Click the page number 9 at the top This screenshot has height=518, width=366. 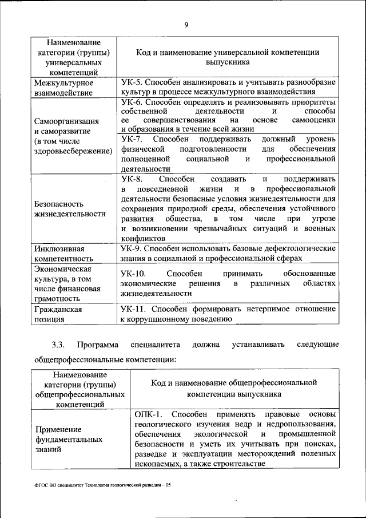tap(186, 24)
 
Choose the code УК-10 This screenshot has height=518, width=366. tap(134, 273)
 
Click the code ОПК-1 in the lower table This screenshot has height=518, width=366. tap(149, 413)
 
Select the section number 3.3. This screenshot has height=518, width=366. tap(59, 344)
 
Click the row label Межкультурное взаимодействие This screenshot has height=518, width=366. tap(63, 87)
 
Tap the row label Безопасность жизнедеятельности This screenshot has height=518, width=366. tap(70, 208)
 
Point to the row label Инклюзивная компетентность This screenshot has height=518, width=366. tap(59, 254)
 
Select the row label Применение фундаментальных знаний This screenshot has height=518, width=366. tap(69, 439)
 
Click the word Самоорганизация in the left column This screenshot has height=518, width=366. tap(67, 121)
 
